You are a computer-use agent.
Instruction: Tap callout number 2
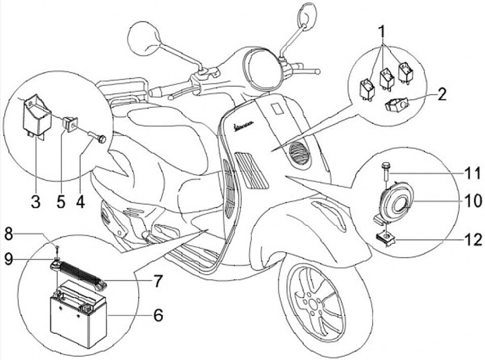coord(441,94)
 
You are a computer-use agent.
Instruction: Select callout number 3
coord(36,200)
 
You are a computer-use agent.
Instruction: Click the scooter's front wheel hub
coord(317,303)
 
